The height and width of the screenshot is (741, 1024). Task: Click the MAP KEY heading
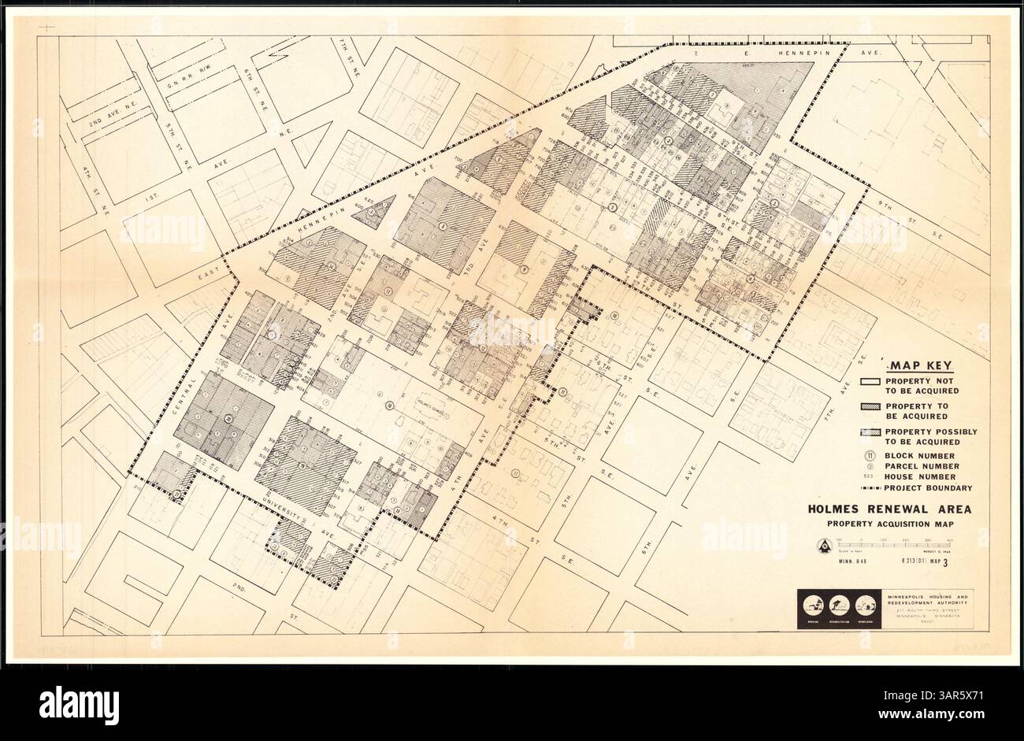pyautogui.click(x=922, y=365)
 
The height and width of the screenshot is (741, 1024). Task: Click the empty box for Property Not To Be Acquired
pyautogui.click(x=869, y=382)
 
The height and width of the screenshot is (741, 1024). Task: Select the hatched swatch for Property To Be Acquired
pyautogui.click(x=869, y=407)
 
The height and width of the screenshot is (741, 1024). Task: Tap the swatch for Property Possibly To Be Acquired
pyautogui.click(x=869, y=433)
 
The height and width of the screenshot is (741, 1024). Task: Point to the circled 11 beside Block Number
pyautogui.click(x=869, y=455)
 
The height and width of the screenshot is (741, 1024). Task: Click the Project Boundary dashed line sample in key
pyautogui.click(x=870, y=487)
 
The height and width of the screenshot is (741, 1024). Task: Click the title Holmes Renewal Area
pyautogui.click(x=889, y=509)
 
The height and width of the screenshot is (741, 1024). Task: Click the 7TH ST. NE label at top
pyautogui.click(x=345, y=54)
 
